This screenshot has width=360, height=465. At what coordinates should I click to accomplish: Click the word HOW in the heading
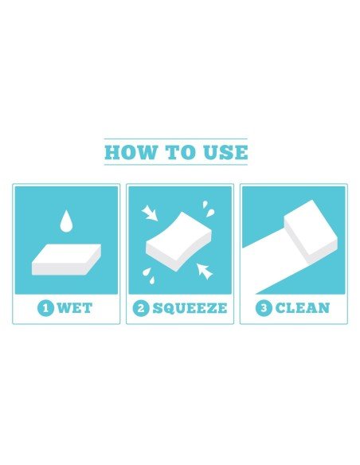pos(131,152)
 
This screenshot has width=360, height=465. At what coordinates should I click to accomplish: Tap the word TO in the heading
pos(180,152)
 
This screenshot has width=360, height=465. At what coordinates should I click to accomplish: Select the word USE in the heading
pos(225,152)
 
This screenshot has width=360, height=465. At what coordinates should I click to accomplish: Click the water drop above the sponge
pos(66,221)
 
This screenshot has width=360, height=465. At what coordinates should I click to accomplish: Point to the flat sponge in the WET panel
pos(66,260)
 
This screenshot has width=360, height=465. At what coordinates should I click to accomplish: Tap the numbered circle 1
pos(45,308)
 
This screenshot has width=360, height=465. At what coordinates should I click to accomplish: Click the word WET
pos(75,308)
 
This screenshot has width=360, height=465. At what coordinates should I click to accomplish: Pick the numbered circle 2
pos(141,308)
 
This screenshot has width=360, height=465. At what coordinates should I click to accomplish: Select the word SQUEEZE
pos(190,308)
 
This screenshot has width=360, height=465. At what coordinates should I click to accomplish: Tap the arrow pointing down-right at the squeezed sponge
pos(150,213)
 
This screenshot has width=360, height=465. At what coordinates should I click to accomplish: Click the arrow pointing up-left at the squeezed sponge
pos(205,271)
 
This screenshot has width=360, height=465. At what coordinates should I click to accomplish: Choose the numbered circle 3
pos(264,308)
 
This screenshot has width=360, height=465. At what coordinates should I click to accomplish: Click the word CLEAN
pos(303,308)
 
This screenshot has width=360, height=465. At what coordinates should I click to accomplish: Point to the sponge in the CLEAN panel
pos(311,232)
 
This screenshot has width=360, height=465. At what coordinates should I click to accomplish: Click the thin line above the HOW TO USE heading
pos(175,139)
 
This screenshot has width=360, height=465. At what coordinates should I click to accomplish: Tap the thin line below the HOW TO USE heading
pos(175,165)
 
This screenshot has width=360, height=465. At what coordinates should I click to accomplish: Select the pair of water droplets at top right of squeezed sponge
pos(209,209)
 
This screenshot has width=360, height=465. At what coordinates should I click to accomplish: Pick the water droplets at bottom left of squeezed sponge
pos(149,275)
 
